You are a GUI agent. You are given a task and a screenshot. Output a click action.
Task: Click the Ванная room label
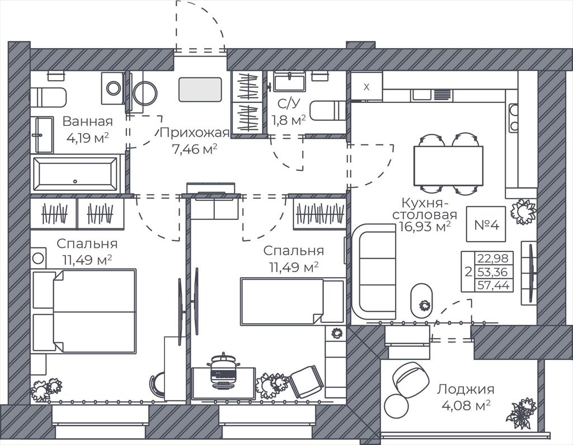tap(87, 121)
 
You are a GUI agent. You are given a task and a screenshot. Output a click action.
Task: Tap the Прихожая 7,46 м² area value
tap(195, 149)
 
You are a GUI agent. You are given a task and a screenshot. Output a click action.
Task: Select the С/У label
tap(289, 104)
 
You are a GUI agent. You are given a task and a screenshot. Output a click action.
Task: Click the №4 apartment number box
tap(486, 224)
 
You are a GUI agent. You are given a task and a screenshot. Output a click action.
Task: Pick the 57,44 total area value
tap(494, 285)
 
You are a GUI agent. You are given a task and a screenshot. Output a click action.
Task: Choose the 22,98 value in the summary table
tap(494, 259)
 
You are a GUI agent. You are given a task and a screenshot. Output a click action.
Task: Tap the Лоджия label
tap(466, 389)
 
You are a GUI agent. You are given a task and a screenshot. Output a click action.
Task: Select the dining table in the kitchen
tap(448, 166)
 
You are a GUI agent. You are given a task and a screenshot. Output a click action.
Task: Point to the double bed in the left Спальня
tap(84, 311)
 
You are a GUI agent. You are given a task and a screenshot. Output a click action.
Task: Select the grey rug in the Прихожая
tap(200, 90)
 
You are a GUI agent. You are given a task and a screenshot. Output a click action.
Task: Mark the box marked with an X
tap(367, 87)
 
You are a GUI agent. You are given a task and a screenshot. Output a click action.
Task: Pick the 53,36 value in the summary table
tap(494, 271)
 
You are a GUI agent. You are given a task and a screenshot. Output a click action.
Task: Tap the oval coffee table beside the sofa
tap(422, 301)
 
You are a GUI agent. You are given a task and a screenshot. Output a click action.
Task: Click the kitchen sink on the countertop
tap(422, 95)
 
